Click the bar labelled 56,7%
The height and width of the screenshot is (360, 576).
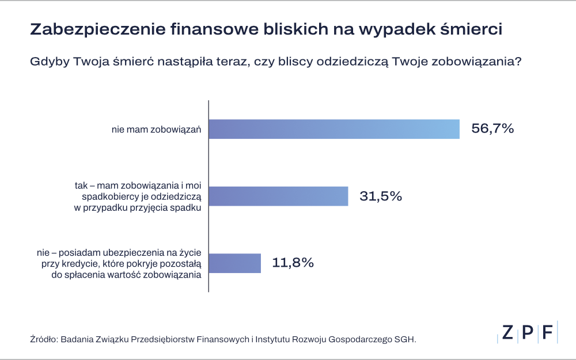(334, 129)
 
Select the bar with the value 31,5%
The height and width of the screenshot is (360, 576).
(278, 196)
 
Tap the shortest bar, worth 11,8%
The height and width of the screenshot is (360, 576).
(235, 263)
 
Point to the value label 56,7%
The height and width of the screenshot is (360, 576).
(492, 129)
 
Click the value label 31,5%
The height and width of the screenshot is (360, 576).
(381, 196)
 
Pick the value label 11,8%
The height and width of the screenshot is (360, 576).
(293, 263)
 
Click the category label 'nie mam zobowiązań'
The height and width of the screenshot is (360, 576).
(156, 130)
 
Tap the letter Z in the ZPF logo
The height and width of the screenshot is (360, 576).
(507, 333)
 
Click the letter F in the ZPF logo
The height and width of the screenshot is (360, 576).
(547, 333)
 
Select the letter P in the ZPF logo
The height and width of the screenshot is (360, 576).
(527, 333)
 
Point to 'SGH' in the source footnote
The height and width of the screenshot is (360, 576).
(404, 339)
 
